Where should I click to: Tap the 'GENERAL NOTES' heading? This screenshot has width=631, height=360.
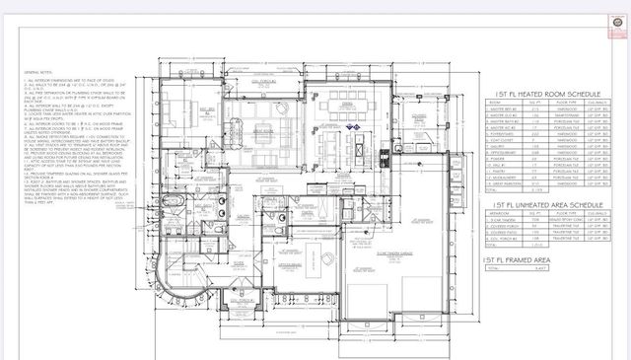click(41, 71)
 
